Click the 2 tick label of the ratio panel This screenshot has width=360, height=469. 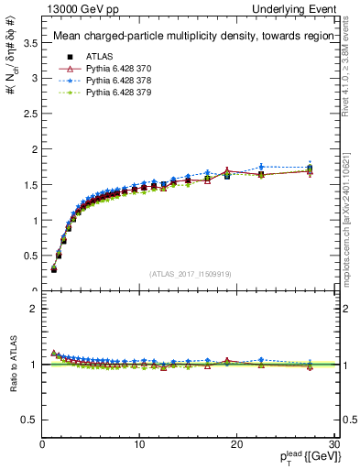coord(34,309)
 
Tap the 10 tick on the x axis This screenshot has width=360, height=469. coord(139,445)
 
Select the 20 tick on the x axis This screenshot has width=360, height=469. coord(237,445)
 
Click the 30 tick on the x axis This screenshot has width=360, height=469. coord(334,445)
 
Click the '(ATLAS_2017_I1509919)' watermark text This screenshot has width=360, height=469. coord(191,274)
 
